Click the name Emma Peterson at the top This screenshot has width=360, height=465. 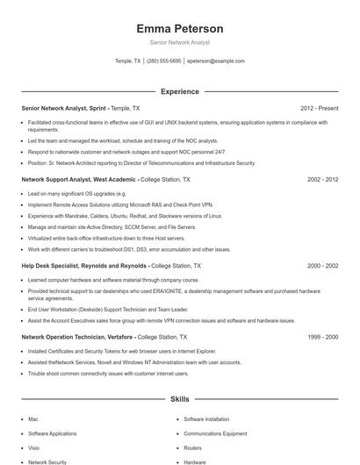179,29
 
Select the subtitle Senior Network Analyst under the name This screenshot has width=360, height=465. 179,42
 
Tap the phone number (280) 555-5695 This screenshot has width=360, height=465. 163,61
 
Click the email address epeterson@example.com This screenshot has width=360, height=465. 216,61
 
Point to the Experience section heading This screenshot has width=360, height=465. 179,91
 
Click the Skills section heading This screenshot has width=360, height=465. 179,399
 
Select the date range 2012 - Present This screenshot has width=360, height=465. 319,108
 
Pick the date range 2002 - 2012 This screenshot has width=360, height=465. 322,179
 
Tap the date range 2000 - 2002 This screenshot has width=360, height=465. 322,265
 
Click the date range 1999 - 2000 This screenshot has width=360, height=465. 322,337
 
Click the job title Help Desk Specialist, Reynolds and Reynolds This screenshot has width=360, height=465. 84,265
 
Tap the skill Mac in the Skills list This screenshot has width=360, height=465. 33,419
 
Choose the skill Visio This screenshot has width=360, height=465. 35,447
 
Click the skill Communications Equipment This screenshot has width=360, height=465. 215,433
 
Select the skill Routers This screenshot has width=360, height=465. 193,447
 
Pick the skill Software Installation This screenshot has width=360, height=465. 206,419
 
